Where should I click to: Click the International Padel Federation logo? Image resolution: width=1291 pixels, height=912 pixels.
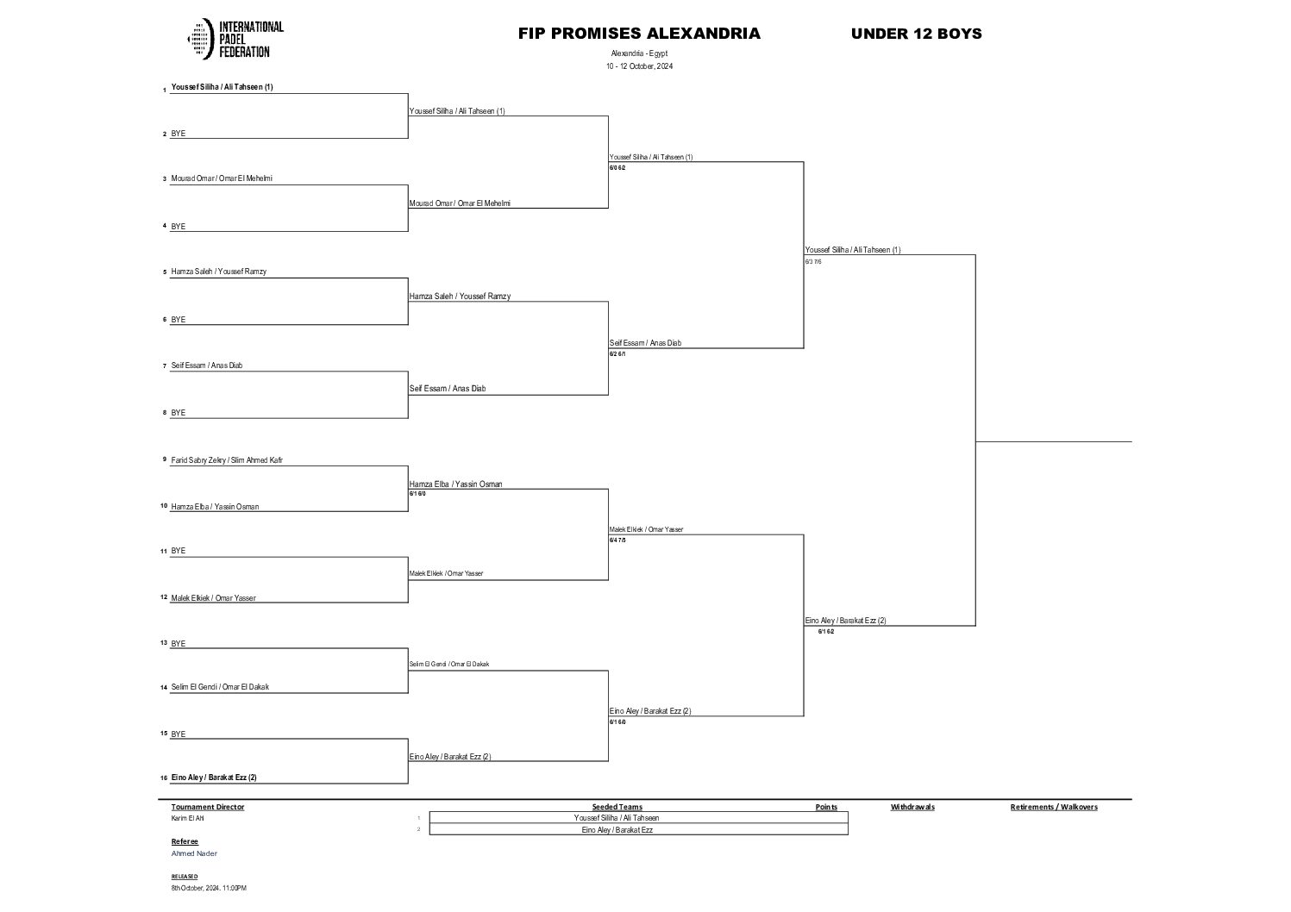[235, 40]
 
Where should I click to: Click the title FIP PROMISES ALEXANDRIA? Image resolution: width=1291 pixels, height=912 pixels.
[639, 34]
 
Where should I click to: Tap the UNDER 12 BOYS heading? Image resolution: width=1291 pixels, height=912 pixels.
[916, 34]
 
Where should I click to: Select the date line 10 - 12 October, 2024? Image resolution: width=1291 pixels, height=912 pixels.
[639, 66]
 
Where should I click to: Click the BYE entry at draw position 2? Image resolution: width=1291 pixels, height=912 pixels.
[179, 134]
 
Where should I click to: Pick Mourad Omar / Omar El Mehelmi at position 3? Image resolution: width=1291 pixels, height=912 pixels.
[222, 178]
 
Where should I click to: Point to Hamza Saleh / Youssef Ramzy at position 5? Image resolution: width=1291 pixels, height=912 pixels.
[218, 272]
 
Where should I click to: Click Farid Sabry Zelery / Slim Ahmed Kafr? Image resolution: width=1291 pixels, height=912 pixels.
[227, 460]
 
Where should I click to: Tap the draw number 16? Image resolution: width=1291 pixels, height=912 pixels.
[163, 778]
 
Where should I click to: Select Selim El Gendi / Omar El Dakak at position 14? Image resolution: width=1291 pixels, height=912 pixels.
[220, 687]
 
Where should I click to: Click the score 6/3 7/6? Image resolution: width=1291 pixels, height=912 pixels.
[813, 261]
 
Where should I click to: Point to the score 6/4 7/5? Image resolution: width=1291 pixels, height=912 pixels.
[617, 540]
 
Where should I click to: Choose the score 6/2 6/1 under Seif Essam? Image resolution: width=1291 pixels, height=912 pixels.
[617, 354]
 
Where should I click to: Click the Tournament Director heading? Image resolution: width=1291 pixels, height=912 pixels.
[208, 808]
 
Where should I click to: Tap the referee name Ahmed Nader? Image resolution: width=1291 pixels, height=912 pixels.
[194, 853]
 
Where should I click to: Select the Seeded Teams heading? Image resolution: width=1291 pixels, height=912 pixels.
[617, 808]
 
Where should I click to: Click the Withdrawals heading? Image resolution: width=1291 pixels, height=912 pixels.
[912, 808]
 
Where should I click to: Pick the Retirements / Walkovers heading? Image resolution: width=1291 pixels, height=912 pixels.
[1054, 808]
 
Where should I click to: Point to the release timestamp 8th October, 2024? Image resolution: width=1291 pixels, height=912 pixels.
[209, 888]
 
